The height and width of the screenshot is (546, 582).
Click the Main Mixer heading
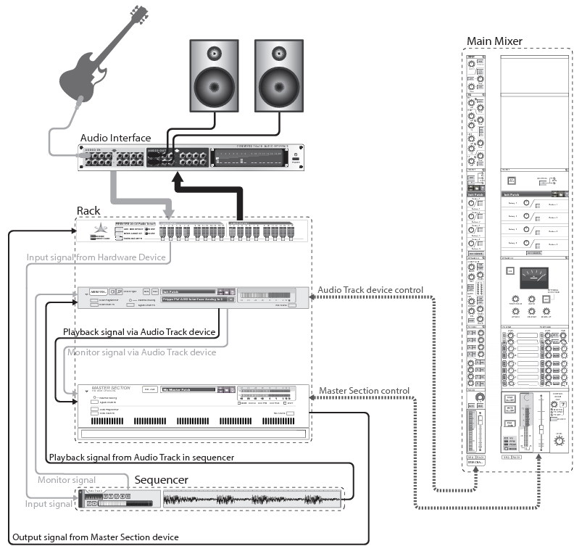494,41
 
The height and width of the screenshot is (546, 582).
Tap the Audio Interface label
115,138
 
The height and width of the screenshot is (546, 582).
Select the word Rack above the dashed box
90,210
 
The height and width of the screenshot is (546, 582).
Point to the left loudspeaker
214,78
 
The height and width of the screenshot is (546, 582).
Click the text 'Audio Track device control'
370,290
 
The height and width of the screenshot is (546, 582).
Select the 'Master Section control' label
364,391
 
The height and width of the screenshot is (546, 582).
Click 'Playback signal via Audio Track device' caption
139,332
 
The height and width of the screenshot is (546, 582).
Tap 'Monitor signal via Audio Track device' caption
141,352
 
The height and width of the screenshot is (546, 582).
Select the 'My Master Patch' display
188,389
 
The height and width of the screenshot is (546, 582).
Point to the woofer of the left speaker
214,90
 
